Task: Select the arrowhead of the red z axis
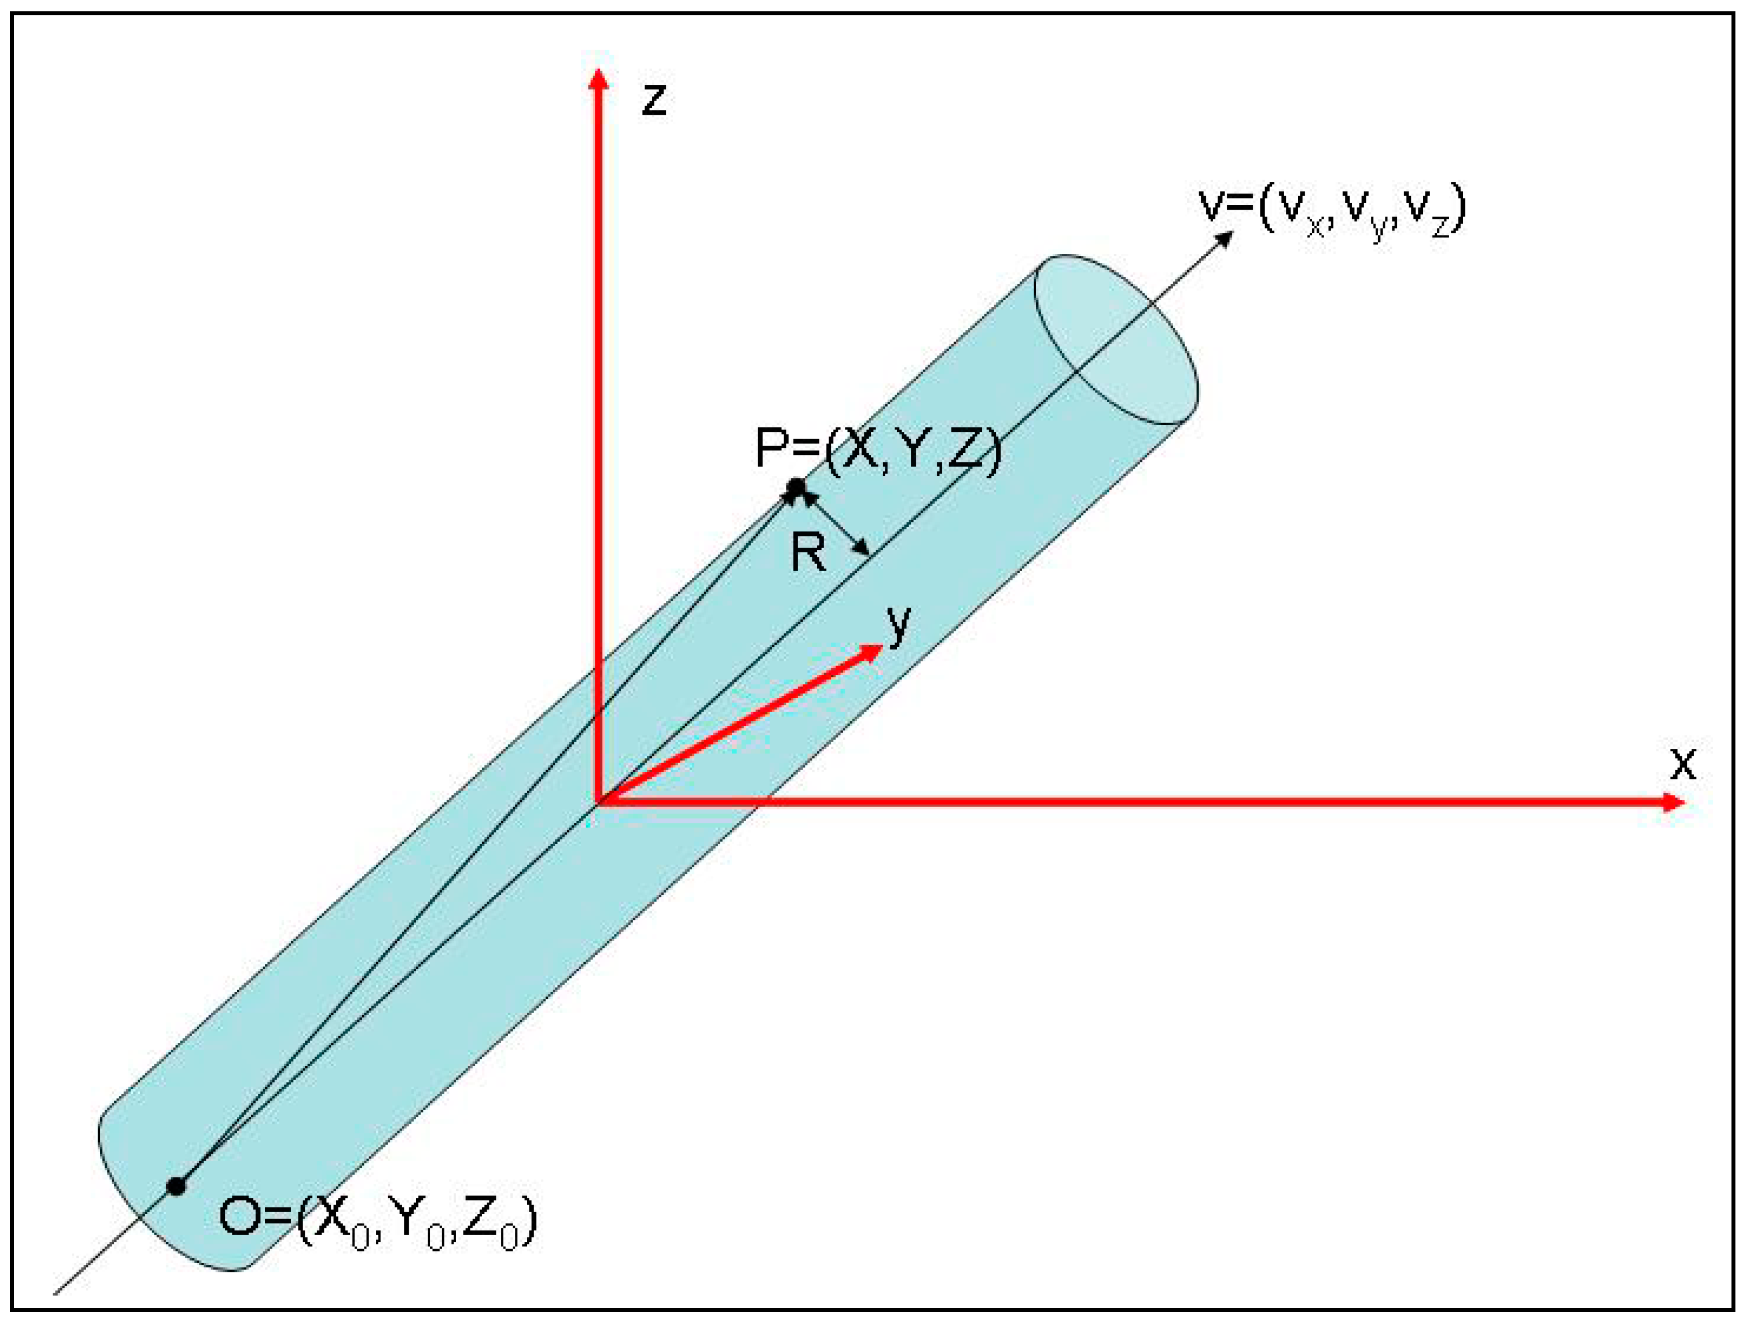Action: [599, 79]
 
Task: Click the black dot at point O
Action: [176, 1186]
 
